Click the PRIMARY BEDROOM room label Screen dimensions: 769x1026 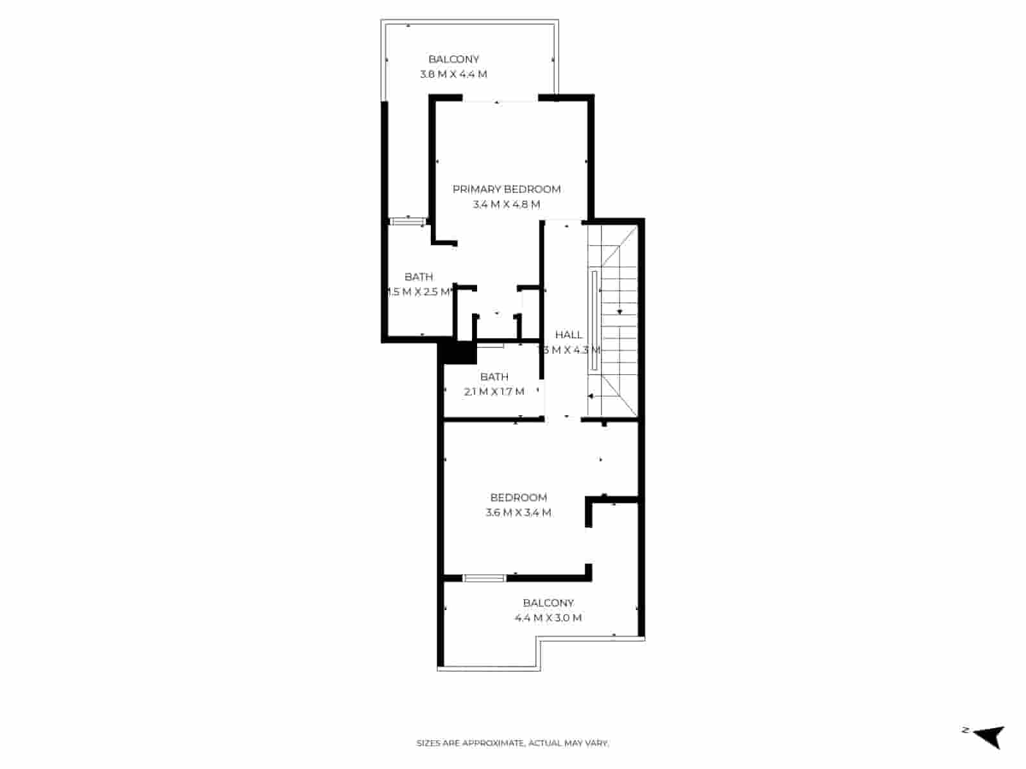pos(507,189)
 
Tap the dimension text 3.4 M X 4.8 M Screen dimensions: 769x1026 pos(507,204)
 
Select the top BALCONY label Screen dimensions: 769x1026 pos(454,59)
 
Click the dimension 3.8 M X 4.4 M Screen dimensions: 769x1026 pos(453,74)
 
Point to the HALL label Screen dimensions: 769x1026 pos(569,335)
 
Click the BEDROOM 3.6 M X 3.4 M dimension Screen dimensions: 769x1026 pos(519,512)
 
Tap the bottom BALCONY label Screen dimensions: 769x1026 pos(548,603)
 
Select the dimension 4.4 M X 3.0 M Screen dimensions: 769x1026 pos(548,618)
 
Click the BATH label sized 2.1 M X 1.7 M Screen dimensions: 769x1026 pos(494,377)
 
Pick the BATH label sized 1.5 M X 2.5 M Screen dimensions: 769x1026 pos(419,277)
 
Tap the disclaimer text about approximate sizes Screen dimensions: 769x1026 pos(512,743)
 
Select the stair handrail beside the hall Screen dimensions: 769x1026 pos(594,320)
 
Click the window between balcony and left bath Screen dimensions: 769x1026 pos(408,222)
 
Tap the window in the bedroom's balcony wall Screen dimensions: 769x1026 pos(484,578)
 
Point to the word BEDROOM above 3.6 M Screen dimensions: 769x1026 pos(519,497)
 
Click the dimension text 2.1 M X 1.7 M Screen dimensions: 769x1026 pos(494,392)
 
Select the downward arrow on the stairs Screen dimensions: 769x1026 pos(620,311)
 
